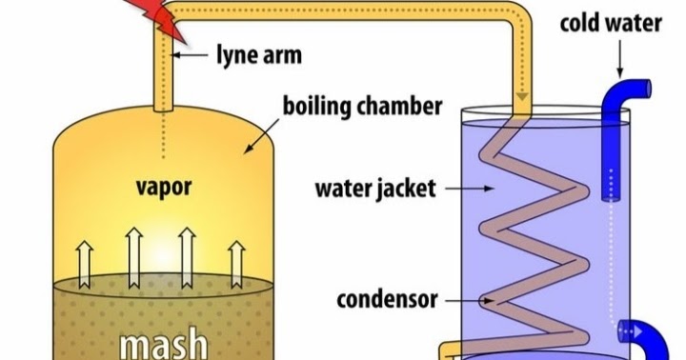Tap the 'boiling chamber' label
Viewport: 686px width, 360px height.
(348, 102)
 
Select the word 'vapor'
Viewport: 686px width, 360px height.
(162, 186)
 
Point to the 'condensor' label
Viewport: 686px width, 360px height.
(387, 300)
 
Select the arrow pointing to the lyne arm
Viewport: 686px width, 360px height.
(196, 55)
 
